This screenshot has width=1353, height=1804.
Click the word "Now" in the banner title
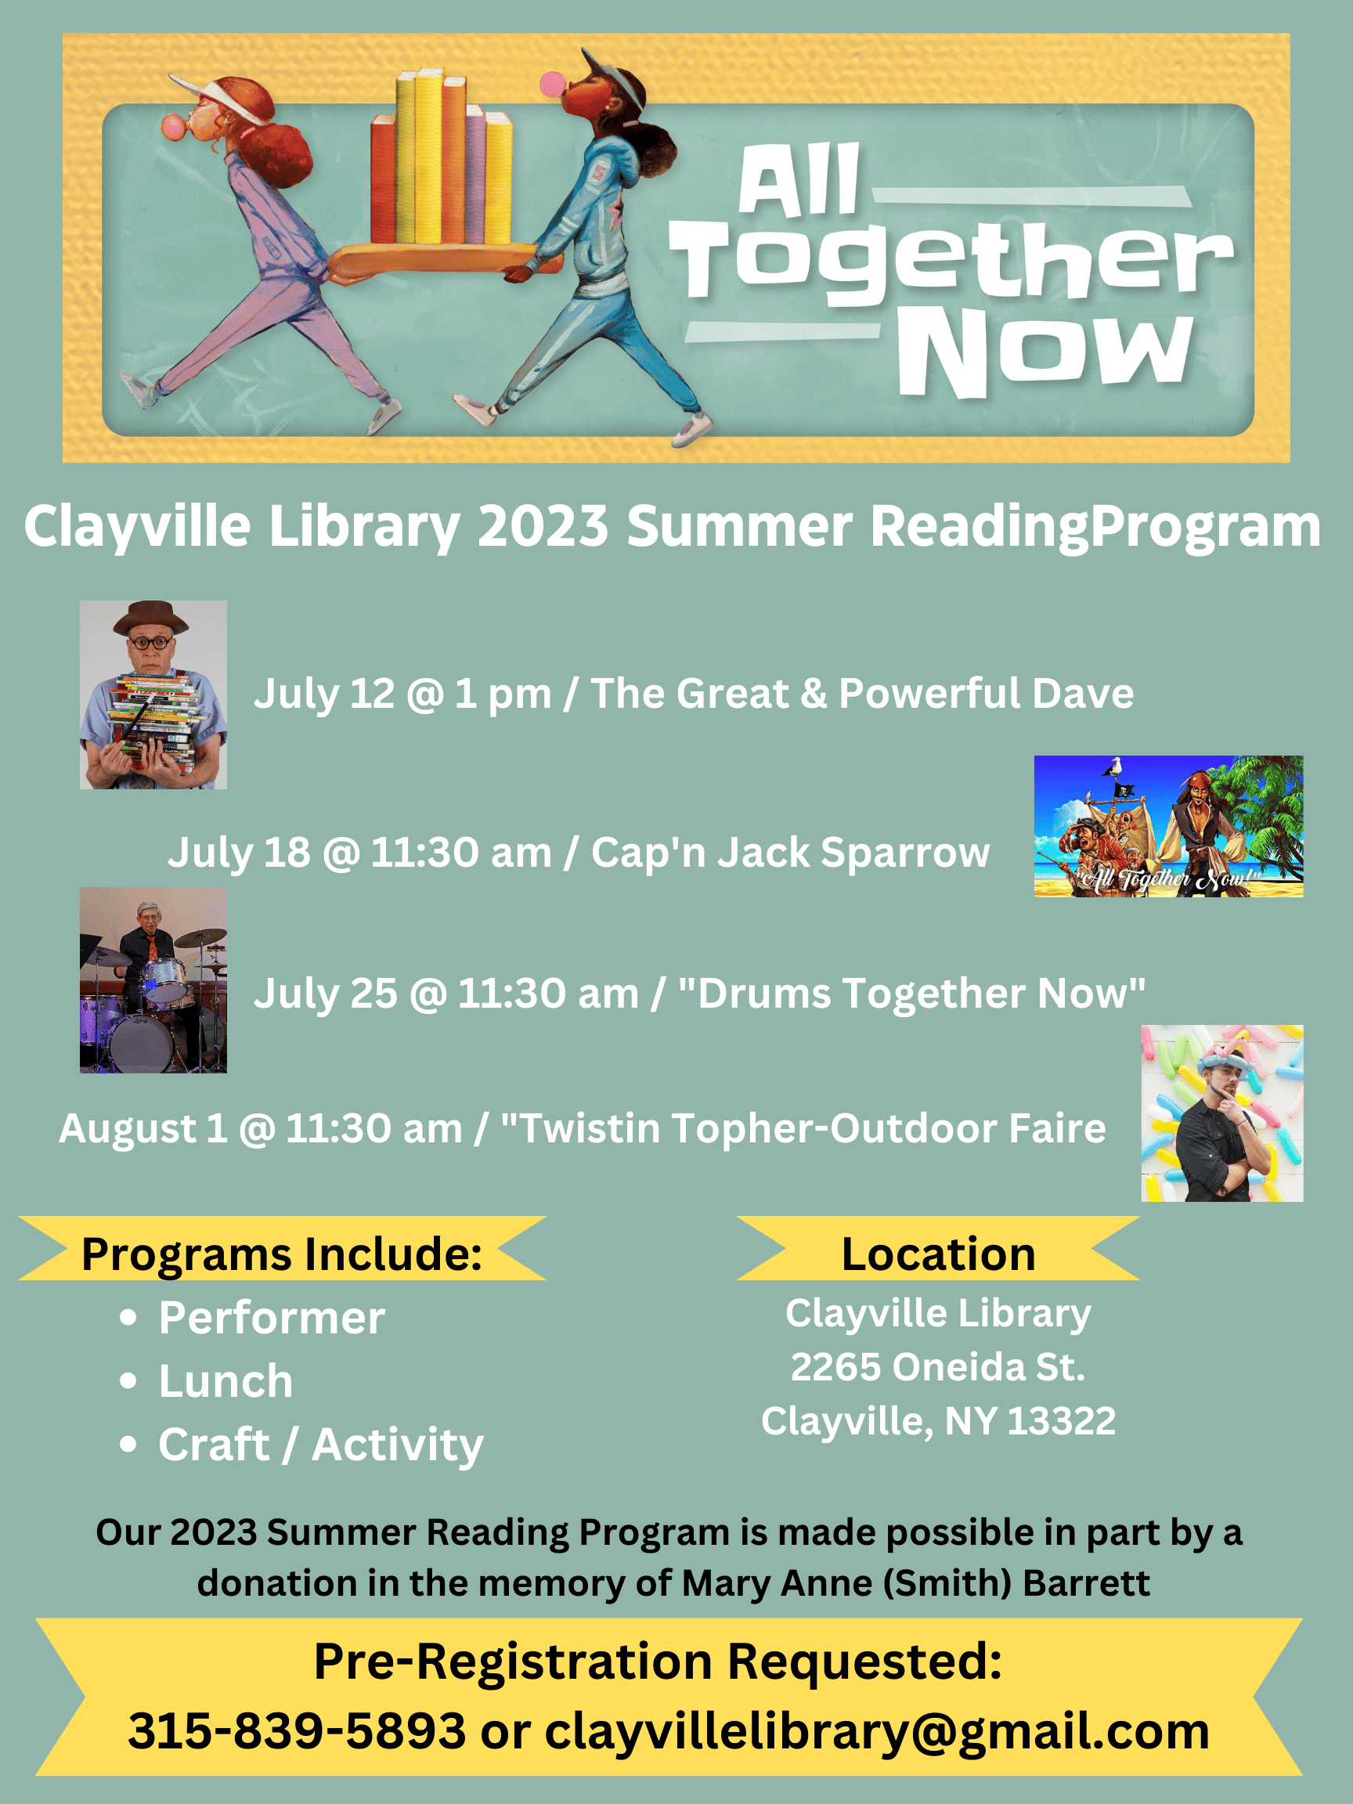pos(1044,352)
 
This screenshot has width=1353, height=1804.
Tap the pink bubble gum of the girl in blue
pos(553,84)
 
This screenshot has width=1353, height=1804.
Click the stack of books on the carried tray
pos(442,159)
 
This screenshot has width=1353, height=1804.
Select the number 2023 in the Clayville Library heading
pos(543,527)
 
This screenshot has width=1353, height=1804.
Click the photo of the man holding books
pos(153,695)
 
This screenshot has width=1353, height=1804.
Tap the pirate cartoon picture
pos(1168,826)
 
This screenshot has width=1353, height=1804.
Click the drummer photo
pos(153,980)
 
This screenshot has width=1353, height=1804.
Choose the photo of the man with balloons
pos(1221,1113)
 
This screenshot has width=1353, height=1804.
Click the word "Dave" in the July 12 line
pos(1082,694)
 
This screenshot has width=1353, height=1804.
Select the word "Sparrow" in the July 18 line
pos(904,853)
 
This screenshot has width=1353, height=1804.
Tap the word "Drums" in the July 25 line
pos(764,994)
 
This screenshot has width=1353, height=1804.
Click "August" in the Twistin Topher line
pos(126,1130)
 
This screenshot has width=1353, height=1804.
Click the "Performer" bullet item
pos(272,1318)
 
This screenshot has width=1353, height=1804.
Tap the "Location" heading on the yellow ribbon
pos(938,1254)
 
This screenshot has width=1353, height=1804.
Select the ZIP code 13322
pos(1061,1420)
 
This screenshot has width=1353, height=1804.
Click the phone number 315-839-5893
pos(297,1730)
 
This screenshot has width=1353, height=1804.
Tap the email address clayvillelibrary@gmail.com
pos(877,1732)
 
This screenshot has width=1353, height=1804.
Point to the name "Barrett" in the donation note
pos(1085,1583)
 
